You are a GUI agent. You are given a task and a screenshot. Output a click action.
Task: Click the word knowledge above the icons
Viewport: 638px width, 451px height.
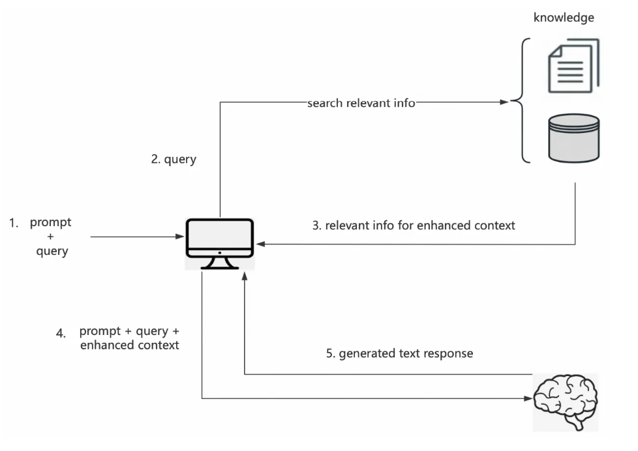(x=564, y=18)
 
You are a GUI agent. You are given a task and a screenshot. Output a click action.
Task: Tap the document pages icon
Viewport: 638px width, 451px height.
(x=573, y=65)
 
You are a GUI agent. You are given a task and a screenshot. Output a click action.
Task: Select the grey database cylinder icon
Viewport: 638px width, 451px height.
(x=573, y=138)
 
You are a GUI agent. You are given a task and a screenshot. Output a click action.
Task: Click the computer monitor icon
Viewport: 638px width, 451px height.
(x=220, y=244)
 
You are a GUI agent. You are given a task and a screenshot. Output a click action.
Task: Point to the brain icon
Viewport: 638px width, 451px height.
(x=566, y=401)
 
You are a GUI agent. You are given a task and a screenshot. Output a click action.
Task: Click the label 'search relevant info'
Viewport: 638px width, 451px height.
(x=361, y=103)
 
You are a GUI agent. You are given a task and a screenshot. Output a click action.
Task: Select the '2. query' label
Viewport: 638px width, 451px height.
(x=174, y=159)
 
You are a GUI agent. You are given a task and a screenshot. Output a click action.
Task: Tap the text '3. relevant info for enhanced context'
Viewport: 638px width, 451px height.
(x=414, y=225)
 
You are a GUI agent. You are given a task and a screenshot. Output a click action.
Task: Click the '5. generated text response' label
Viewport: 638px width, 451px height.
(x=399, y=353)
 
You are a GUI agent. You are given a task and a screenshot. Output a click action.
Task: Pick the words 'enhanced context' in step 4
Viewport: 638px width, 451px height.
(x=129, y=345)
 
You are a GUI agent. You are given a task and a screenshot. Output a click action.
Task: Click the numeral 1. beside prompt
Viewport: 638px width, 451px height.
(x=14, y=224)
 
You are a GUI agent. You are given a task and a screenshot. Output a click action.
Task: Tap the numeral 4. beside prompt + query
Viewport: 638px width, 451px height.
(x=61, y=334)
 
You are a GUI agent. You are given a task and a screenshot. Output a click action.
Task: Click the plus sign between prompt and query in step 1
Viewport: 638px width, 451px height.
(x=50, y=237)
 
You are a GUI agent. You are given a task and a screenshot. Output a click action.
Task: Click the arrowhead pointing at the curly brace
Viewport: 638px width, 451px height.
(x=504, y=102)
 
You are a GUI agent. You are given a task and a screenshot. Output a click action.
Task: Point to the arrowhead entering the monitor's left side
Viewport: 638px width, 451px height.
(x=180, y=237)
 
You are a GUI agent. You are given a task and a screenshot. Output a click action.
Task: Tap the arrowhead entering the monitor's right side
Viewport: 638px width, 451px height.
(x=261, y=244)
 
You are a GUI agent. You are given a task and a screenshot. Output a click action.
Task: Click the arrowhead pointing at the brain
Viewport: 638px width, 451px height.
(x=528, y=399)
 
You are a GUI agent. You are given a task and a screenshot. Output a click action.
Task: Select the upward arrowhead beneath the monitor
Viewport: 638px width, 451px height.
(x=245, y=276)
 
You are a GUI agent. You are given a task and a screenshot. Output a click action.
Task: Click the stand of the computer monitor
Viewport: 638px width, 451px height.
(x=220, y=263)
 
